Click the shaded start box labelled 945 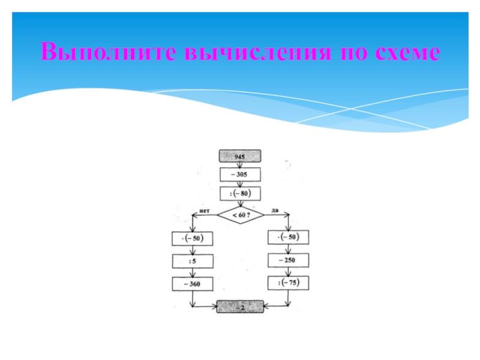tap(240, 156)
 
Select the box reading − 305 tap(240, 175)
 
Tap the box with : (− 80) tap(240, 193)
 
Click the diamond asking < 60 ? tap(240, 214)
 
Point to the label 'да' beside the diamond tap(274, 210)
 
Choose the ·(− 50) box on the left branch tap(193, 239)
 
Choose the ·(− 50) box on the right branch tap(289, 238)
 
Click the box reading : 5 tap(193, 261)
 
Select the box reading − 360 tap(193, 283)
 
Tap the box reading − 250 tap(289, 260)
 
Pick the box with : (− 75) tap(289, 283)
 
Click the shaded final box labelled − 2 tap(240, 306)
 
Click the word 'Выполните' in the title tap(108, 53)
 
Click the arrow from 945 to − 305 tap(240, 165)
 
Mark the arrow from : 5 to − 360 tap(193, 272)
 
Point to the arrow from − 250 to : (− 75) tap(289, 271)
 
